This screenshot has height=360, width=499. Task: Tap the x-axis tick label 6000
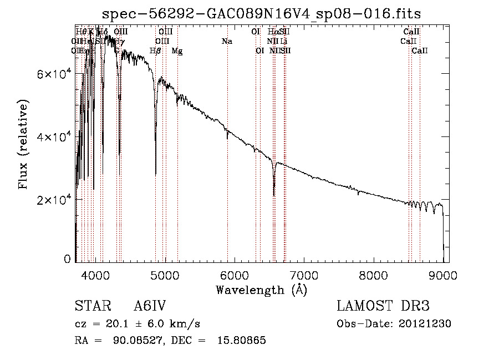pyautogui.click(x=235, y=274)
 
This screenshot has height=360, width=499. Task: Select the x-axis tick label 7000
pyautogui.click(x=304, y=274)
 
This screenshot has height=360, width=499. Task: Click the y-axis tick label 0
pyautogui.click(x=67, y=259)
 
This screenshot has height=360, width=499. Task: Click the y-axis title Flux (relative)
pyautogui.click(x=24, y=144)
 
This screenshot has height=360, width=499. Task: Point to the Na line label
pyautogui.click(x=227, y=42)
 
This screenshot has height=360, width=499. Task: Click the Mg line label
pyautogui.click(x=177, y=51)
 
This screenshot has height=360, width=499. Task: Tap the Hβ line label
pyautogui.click(x=156, y=51)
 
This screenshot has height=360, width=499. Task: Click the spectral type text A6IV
pyautogui.click(x=150, y=307)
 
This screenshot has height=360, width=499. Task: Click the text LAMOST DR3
pyautogui.click(x=383, y=307)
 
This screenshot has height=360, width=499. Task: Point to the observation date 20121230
pyautogui.click(x=426, y=324)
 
